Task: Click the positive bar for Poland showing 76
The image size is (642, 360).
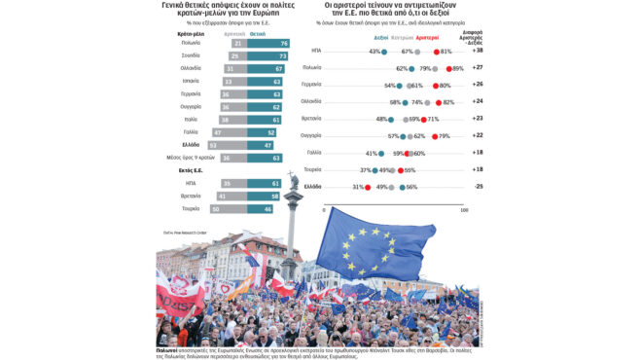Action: click(x=268, y=44)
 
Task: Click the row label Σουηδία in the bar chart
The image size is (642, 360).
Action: click(x=191, y=56)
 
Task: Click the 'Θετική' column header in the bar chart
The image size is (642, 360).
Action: click(x=258, y=32)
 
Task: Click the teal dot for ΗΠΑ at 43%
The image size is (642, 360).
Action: click(x=384, y=52)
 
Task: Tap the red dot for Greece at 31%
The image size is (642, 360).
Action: click(x=368, y=187)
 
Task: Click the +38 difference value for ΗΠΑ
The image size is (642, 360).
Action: click(x=478, y=51)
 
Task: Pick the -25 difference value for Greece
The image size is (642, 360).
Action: click(x=478, y=186)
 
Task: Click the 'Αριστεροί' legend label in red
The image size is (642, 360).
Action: click(x=442, y=37)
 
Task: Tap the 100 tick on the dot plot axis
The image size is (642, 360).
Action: click(x=464, y=209)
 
